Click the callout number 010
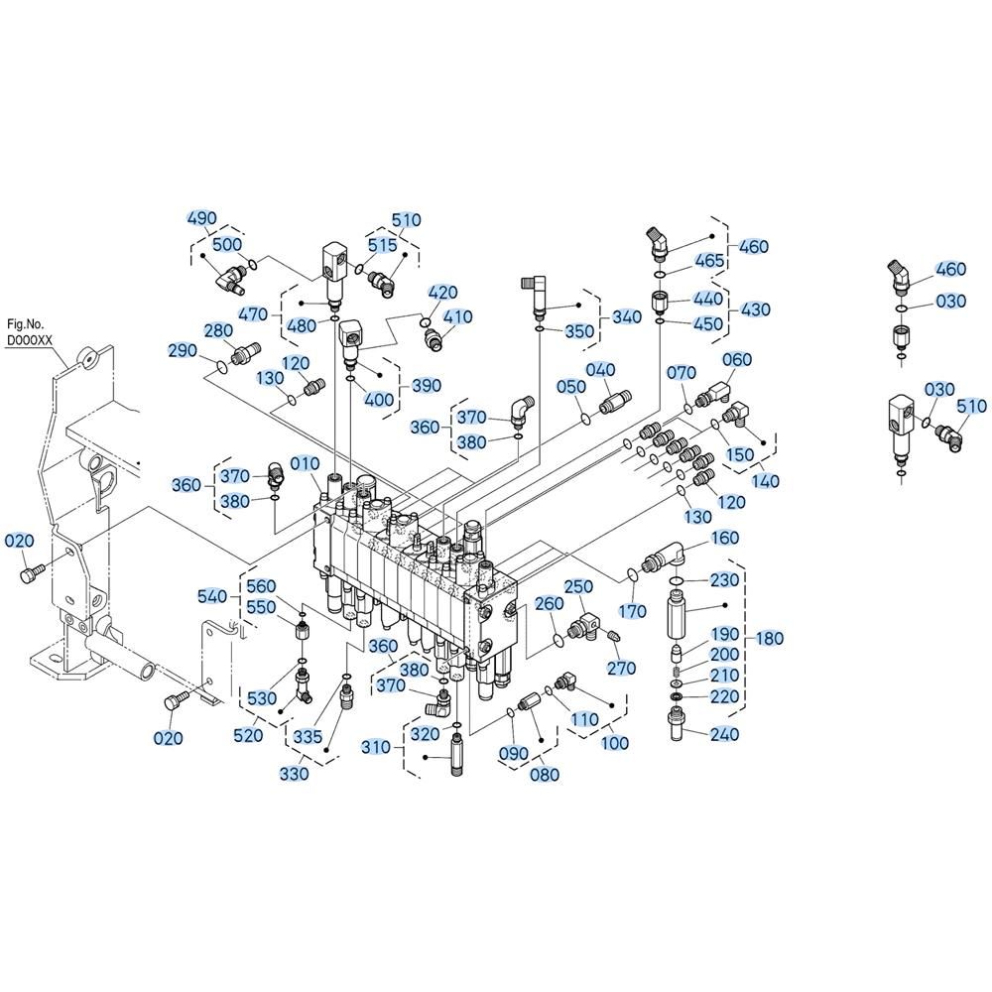click(305, 464)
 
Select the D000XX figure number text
click(30, 339)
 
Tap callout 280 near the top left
click(218, 330)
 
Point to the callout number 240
click(724, 734)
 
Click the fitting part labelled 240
click(678, 724)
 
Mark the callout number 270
click(621, 668)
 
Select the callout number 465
click(709, 260)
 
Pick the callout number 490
click(201, 218)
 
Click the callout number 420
click(442, 293)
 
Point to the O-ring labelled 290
click(220, 366)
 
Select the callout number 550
click(261, 607)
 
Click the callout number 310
click(376, 747)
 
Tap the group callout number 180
click(770, 638)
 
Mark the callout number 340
click(627, 316)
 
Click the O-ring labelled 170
click(631, 574)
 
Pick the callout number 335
click(308, 736)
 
